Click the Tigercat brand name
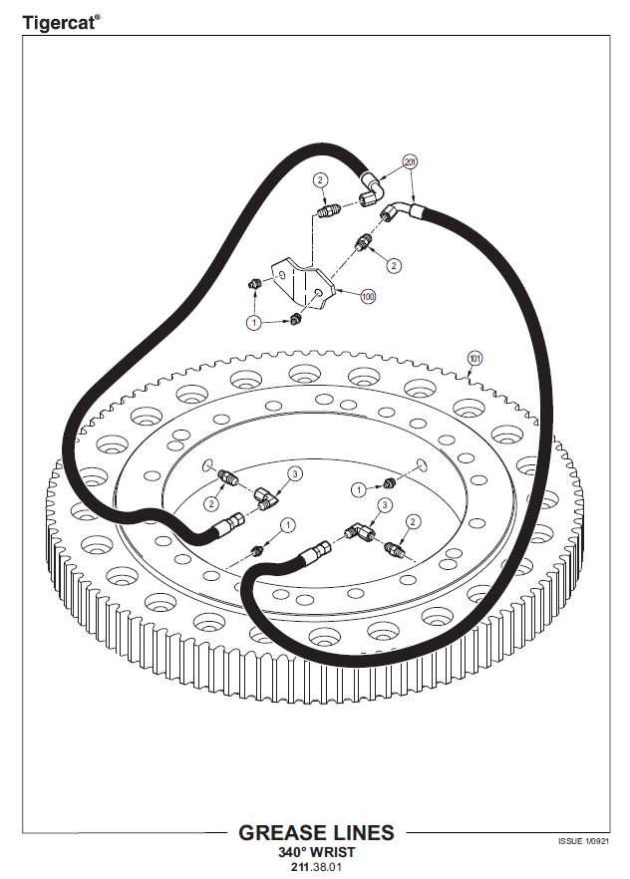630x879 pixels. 58,23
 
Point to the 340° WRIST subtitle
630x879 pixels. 317,852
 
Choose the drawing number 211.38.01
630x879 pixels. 316,867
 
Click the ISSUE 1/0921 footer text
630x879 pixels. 583,841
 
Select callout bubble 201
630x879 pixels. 411,162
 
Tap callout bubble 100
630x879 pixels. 368,296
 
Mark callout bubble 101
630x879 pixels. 474,358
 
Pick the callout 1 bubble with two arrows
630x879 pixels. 255,323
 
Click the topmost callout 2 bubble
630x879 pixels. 320,180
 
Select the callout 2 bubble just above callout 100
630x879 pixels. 394,265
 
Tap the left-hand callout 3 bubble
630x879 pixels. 295,474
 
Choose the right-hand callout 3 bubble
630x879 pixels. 385,505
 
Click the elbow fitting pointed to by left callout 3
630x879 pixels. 266,498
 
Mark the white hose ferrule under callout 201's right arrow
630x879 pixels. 416,211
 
